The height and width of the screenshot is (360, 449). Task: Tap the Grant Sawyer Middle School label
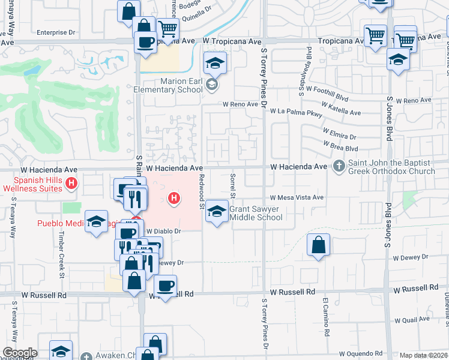(256, 213)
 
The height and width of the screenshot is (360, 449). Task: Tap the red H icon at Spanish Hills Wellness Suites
(72, 184)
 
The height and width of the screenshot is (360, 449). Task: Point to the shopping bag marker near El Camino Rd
(318, 245)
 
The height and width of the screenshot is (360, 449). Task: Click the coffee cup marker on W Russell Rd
(165, 285)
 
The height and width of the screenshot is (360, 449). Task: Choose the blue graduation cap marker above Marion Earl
(214, 62)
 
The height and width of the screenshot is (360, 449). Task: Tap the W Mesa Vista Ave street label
(297, 197)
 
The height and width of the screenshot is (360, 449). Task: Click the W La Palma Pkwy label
(296, 112)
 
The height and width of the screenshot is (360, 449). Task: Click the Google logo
(19, 352)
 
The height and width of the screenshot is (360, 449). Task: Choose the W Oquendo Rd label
(361, 355)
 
